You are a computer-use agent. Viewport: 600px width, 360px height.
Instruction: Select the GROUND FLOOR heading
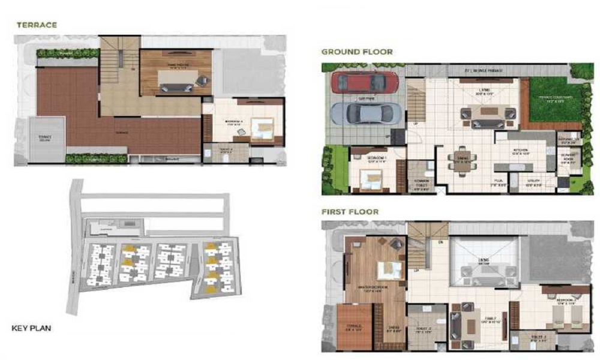tap(357, 52)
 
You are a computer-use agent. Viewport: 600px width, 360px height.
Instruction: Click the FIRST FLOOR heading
tap(350, 212)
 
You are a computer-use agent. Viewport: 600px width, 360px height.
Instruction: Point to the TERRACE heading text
tap(37, 25)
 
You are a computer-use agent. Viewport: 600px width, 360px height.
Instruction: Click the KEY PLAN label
tap(32, 328)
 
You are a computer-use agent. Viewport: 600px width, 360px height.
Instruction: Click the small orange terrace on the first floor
tap(354, 327)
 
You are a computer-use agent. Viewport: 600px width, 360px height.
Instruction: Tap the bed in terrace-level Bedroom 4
tap(261, 128)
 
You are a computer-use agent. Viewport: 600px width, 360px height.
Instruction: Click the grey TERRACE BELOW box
tap(46, 138)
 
